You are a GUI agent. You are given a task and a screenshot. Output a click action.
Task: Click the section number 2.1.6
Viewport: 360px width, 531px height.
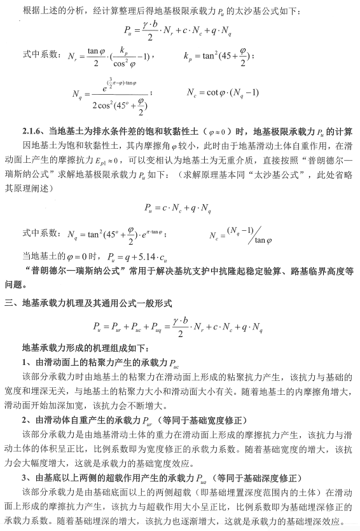click(31, 132)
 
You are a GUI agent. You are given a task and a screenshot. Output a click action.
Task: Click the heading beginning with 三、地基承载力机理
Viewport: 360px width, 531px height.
click(96, 302)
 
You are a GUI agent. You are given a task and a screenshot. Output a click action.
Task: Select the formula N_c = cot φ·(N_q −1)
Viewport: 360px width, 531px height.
click(223, 92)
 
